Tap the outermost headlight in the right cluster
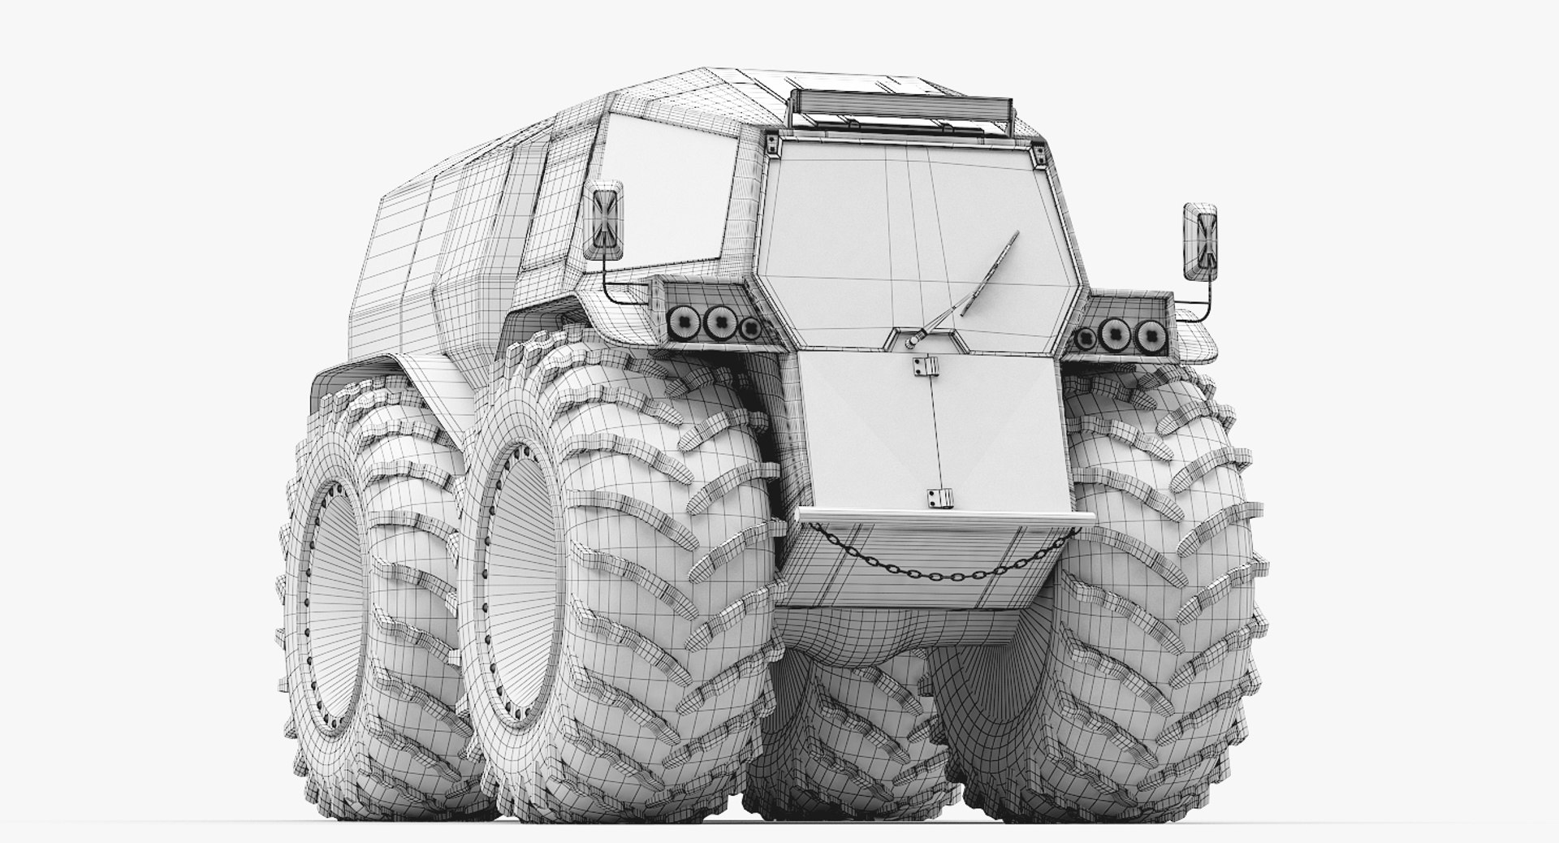(x=1147, y=333)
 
